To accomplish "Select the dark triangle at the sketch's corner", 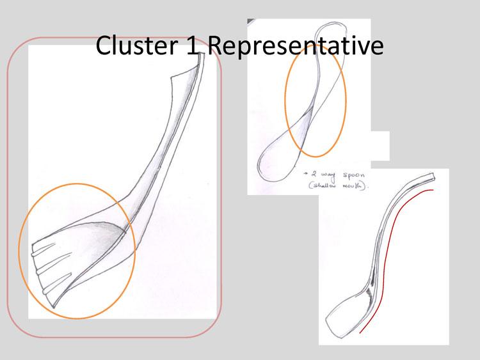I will [251, 22].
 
